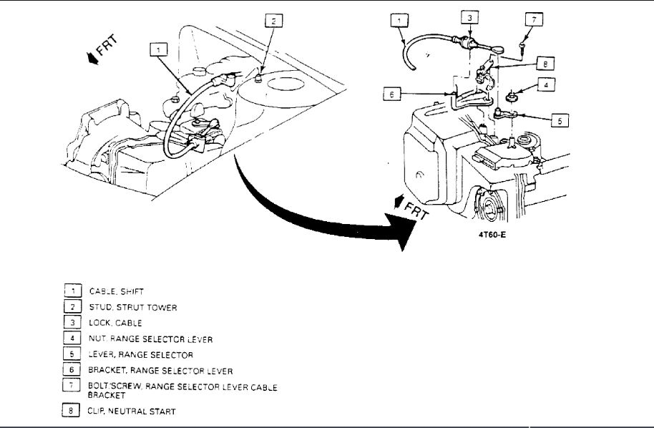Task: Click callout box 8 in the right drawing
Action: click(x=545, y=64)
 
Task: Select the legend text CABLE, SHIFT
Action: click(x=116, y=291)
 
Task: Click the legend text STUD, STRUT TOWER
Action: click(x=132, y=307)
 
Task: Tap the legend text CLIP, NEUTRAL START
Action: click(x=132, y=412)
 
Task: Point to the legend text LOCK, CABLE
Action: click(x=116, y=323)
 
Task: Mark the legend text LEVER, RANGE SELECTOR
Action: click(x=141, y=354)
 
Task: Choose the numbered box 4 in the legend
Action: click(x=72, y=339)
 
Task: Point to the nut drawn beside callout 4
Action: click(x=513, y=92)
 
